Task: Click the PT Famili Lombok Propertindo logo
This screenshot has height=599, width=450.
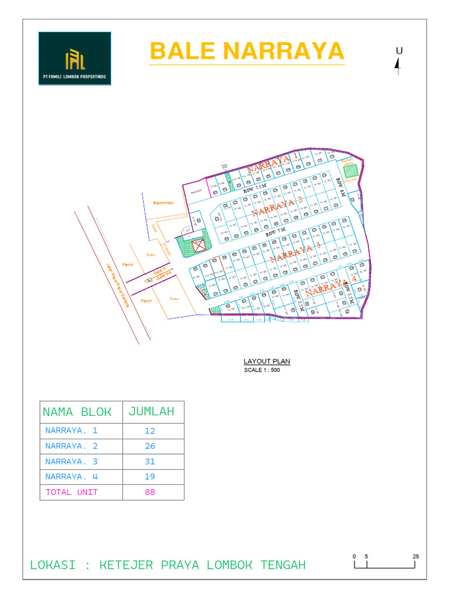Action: (74, 58)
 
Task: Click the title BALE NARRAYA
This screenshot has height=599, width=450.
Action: (247, 51)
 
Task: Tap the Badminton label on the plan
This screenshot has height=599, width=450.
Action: (163, 202)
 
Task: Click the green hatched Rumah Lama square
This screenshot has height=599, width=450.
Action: (350, 171)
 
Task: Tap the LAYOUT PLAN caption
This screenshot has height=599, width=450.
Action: (267, 362)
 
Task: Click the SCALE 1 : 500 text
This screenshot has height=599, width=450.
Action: (262, 370)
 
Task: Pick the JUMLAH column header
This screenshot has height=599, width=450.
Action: (151, 412)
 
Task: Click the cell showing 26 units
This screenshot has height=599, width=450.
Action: (150, 446)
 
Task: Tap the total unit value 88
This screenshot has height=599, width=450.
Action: (150, 492)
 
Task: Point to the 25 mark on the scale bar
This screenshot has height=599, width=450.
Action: (415, 556)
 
